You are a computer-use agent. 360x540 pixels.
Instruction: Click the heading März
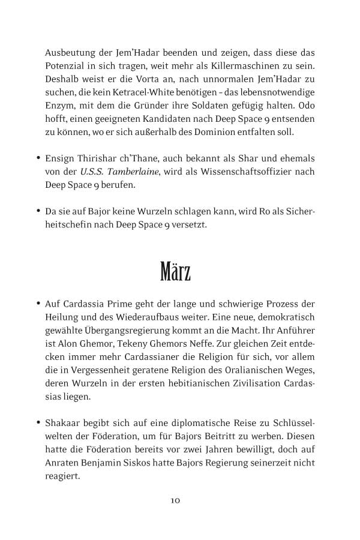[175, 272]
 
